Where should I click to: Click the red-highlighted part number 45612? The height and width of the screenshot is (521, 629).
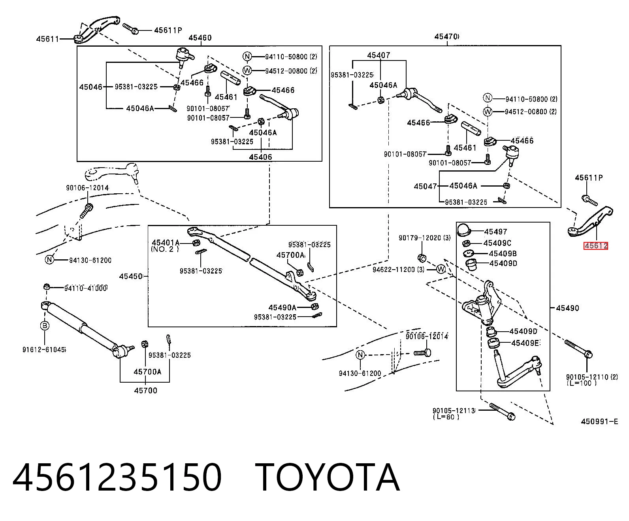(x=595, y=246)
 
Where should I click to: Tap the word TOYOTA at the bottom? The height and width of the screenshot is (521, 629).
(x=328, y=478)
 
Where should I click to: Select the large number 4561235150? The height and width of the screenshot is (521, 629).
(x=117, y=478)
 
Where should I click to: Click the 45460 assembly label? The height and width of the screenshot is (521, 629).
(x=200, y=38)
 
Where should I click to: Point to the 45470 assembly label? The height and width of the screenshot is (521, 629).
(x=447, y=36)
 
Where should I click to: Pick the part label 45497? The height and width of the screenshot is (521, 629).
(x=495, y=232)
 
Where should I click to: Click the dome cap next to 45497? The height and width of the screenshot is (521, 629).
(x=464, y=229)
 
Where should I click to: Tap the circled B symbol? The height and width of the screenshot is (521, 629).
(x=45, y=326)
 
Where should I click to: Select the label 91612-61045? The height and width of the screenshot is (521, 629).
(x=44, y=349)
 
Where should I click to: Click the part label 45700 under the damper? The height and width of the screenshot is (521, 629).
(x=145, y=391)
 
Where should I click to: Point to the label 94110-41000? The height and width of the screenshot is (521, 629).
(x=86, y=288)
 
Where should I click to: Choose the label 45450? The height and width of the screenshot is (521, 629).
(x=131, y=276)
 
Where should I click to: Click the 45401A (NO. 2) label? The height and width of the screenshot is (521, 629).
(x=166, y=245)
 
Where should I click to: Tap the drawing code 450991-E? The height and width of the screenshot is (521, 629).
(x=599, y=421)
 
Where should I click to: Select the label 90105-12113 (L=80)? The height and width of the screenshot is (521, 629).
(x=454, y=413)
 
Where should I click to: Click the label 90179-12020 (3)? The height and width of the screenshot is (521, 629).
(x=424, y=238)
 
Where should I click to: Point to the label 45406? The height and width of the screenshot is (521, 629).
(x=261, y=157)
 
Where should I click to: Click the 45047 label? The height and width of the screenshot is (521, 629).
(x=426, y=186)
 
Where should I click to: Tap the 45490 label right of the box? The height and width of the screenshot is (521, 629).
(x=567, y=308)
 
